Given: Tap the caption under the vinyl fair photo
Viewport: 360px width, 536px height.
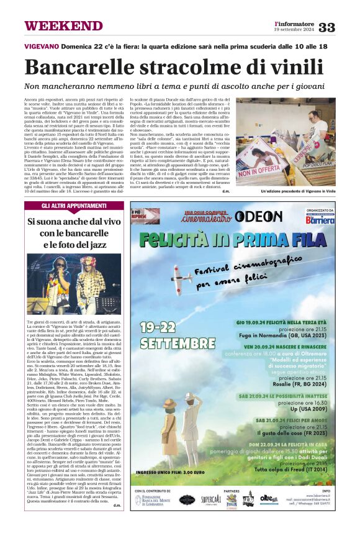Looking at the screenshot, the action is pyautogui.click(x=298, y=192).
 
